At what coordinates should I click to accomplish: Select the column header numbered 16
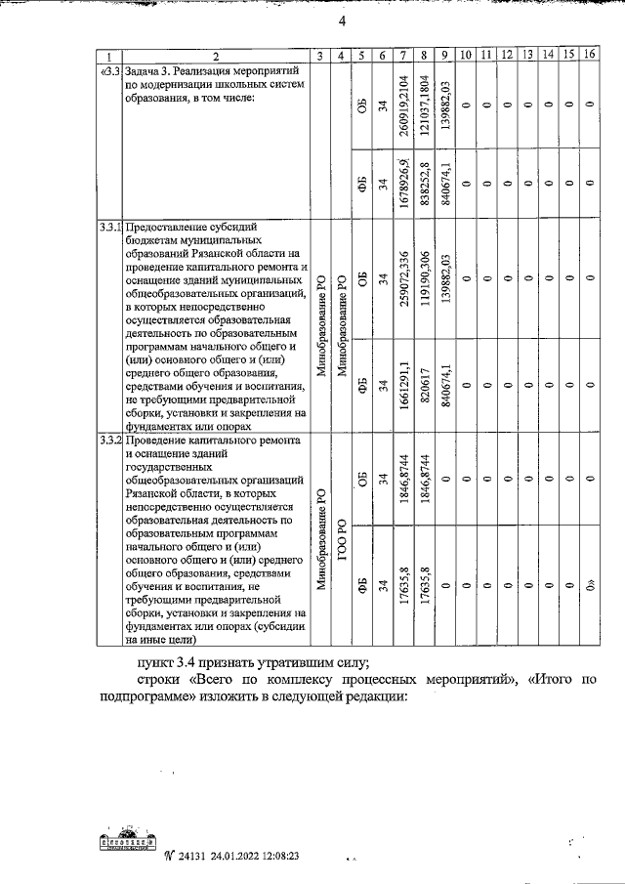click(x=588, y=55)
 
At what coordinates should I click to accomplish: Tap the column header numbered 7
click(x=403, y=55)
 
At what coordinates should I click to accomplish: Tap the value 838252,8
click(x=424, y=182)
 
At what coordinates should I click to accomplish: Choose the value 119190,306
click(x=424, y=278)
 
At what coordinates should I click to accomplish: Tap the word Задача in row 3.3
click(x=144, y=72)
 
